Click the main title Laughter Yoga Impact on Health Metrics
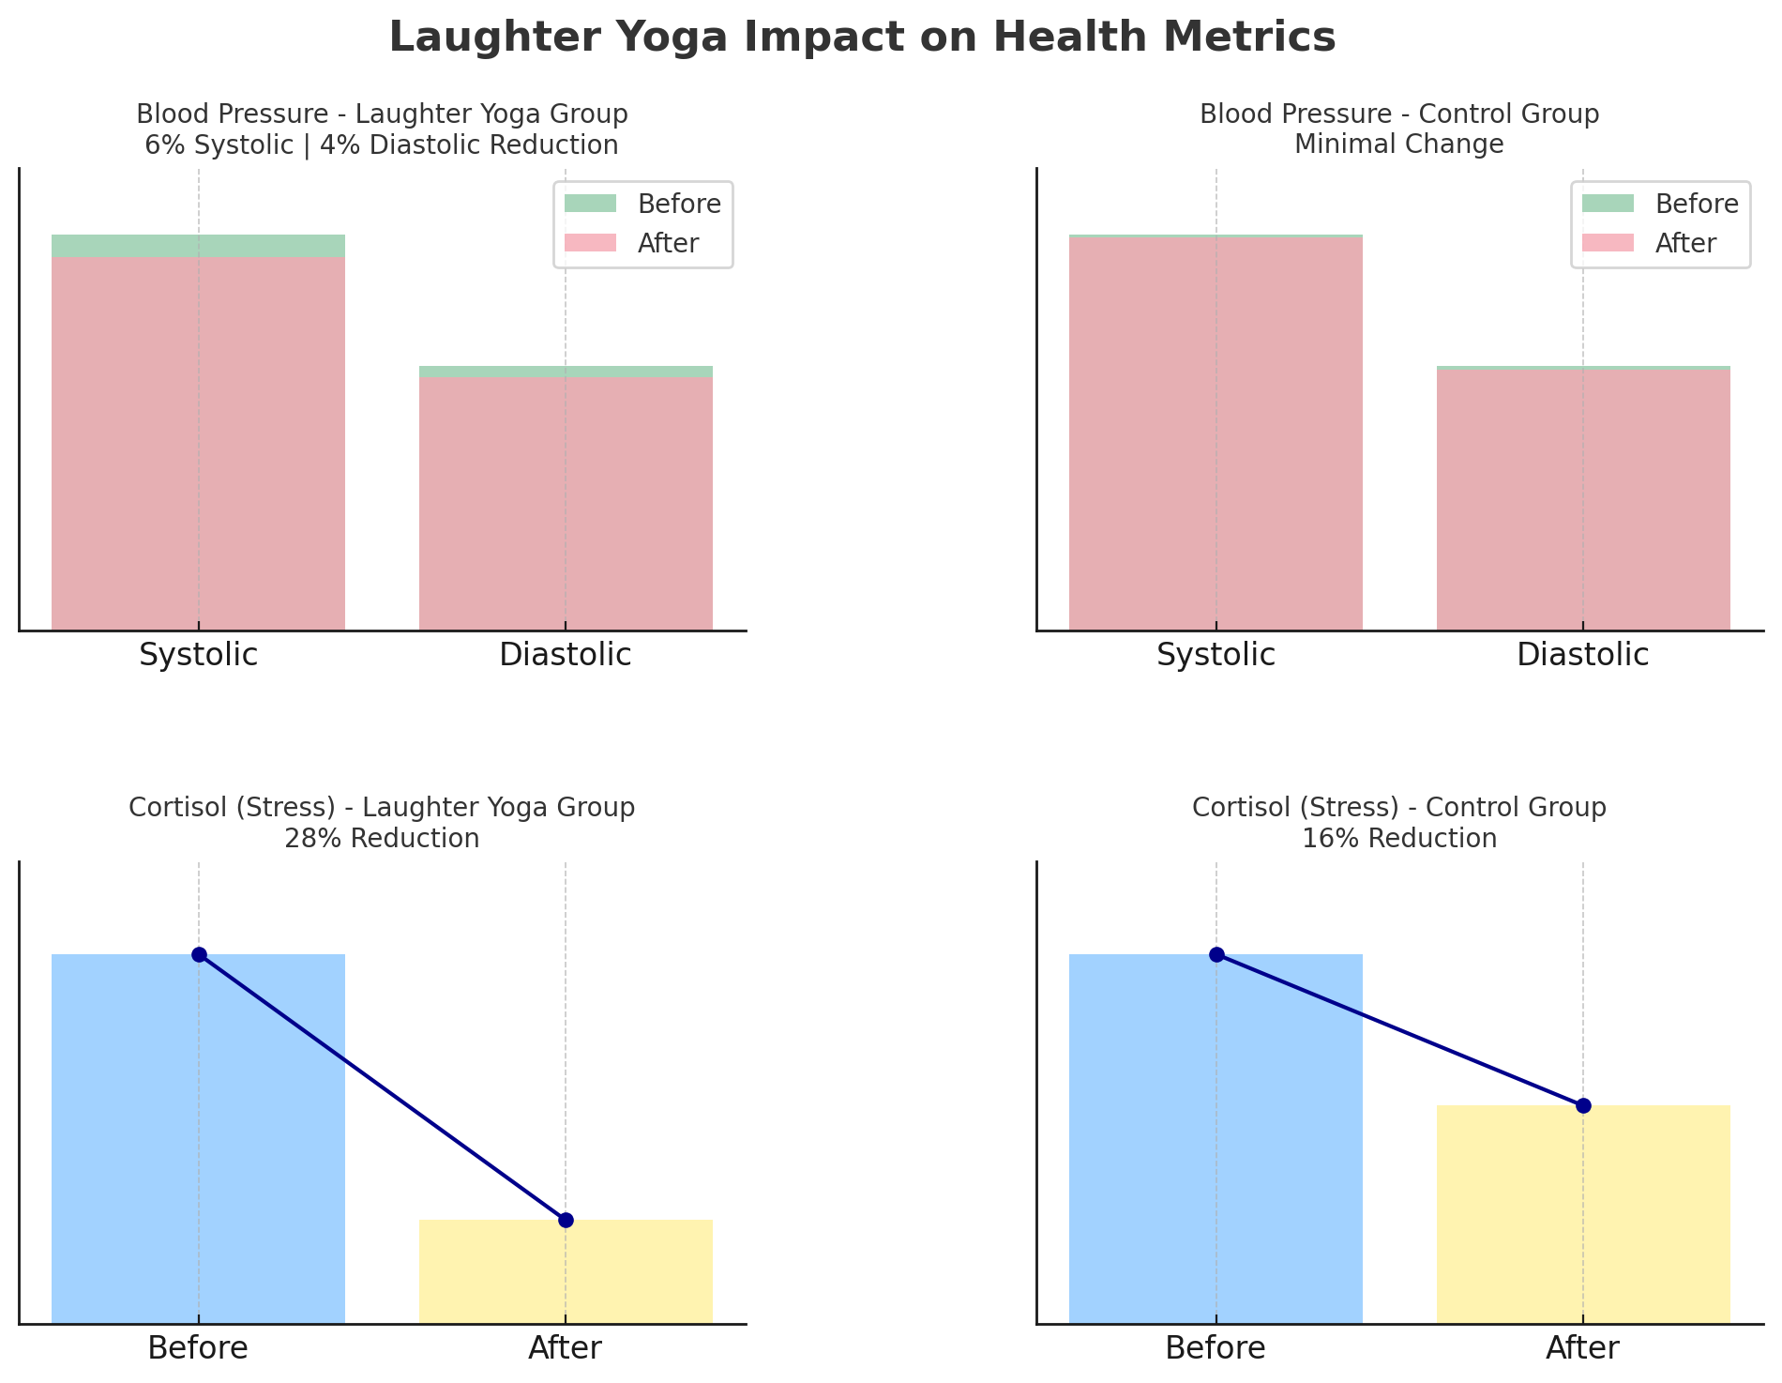click(862, 38)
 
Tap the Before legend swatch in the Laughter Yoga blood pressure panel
click(590, 204)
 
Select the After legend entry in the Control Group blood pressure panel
click(1684, 244)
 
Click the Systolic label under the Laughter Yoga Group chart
click(198, 655)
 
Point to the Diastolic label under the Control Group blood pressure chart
click(1582, 655)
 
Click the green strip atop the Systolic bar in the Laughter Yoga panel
click(198, 246)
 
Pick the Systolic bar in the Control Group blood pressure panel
click(1216, 432)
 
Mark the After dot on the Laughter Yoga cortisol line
click(566, 1220)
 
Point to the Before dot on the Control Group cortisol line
click(1216, 954)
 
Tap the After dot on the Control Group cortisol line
click(1583, 1105)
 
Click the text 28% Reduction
click(382, 838)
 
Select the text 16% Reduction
click(1399, 838)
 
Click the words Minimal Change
click(1399, 144)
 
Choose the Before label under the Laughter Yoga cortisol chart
click(198, 1348)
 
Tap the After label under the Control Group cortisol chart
click(1582, 1348)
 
